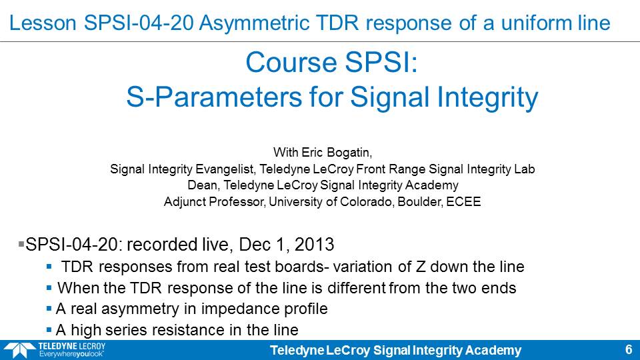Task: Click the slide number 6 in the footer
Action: tap(629, 350)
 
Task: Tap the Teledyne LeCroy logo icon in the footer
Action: tap(19, 350)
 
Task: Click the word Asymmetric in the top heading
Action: tap(254, 23)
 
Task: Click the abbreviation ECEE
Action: tap(463, 201)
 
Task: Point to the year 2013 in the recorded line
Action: tap(314, 245)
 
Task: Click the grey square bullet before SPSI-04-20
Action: tap(21, 244)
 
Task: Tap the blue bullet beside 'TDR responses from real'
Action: tap(49, 267)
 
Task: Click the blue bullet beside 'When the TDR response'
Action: tap(49, 288)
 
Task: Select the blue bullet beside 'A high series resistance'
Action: tap(49, 330)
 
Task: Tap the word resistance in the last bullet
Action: tap(189, 330)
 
